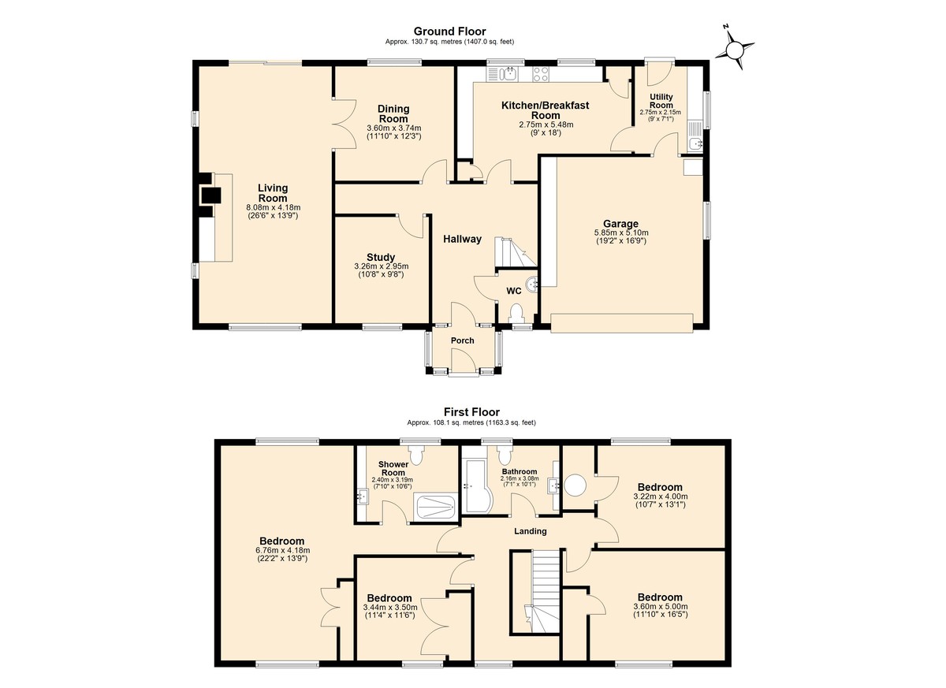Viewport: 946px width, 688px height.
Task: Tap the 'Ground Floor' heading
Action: coord(449,32)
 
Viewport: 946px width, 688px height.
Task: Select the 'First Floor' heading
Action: coord(471,412)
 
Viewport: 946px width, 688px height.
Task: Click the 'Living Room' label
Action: coord(273,193)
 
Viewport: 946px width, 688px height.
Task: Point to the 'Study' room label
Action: coord(381,257)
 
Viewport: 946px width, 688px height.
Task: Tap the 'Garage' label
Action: coord(620,224)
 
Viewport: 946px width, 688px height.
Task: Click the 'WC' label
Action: coord(513,291)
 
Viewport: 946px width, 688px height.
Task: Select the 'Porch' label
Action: coord(463,340)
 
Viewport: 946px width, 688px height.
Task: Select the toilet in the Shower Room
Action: coord(416,455)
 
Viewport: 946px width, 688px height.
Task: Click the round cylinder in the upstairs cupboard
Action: coord(575,485)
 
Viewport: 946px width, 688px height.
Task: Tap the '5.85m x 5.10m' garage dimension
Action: coord(621,232)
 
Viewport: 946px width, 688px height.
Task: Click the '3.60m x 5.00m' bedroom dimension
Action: coord(660,607)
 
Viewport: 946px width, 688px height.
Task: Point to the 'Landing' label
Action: coord(530,531)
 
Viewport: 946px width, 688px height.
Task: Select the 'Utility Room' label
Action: coord(661,101)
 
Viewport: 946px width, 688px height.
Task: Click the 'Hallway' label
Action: coord(462,240)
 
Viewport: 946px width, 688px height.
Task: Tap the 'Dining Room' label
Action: coord(393,114)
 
